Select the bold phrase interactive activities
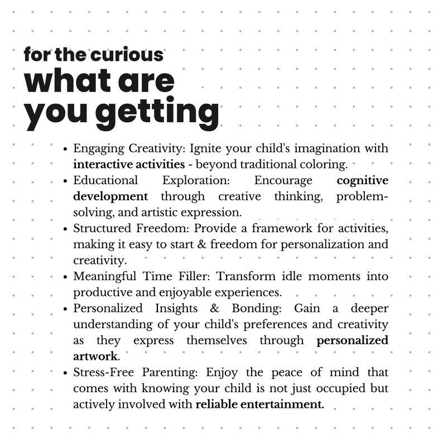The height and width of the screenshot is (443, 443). point(129,165)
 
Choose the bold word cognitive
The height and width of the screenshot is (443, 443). point(363,181)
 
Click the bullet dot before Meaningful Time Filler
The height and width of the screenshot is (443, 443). point(66,277)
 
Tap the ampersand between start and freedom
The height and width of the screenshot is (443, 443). point(203,245)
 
